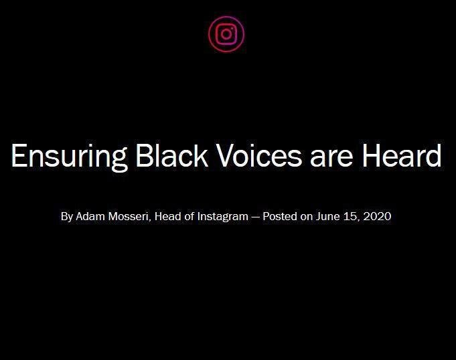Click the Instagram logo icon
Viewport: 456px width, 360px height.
[226, 34]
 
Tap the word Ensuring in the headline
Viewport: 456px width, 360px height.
[69, 157]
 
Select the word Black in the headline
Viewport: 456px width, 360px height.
[172, 155]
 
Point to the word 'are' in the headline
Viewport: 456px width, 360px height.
[331, 159]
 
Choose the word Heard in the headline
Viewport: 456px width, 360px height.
[402, 155]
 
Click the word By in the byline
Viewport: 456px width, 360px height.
[67, 217]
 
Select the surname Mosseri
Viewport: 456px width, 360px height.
[129, 217]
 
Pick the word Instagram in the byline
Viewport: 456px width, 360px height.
[223, 217]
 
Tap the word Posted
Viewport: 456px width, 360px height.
[280, 216]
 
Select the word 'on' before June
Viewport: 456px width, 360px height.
[307, 217]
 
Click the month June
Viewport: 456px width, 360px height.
[327, 216]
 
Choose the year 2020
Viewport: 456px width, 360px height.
[377, 216]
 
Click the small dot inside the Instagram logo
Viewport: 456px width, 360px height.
[232, 29]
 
